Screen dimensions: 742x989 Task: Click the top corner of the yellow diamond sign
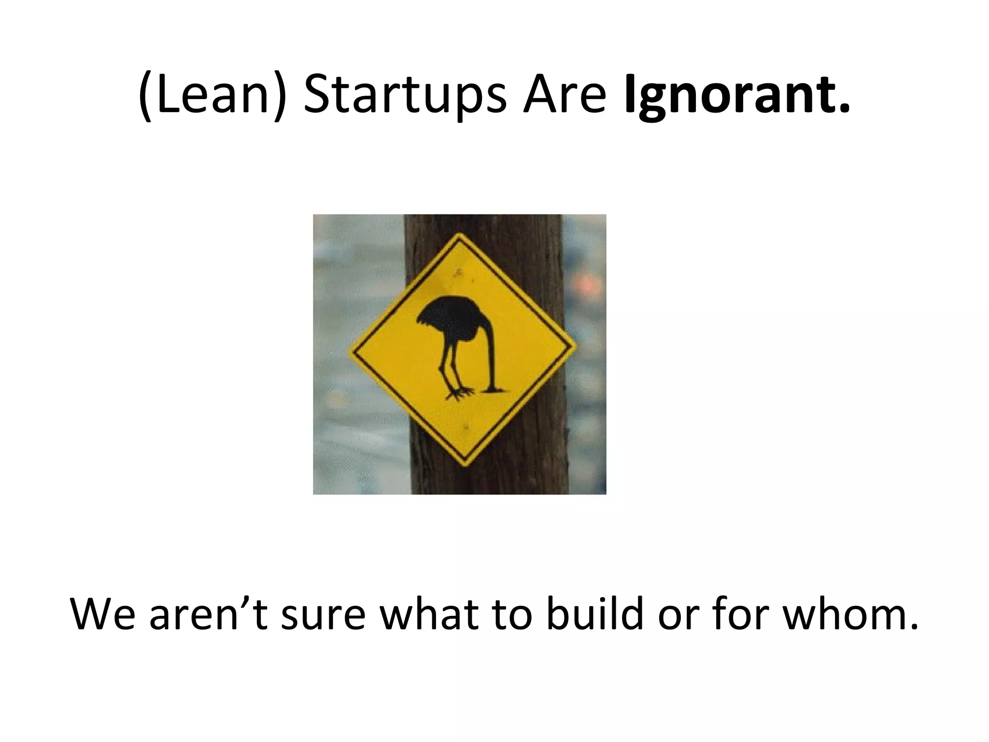459,235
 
